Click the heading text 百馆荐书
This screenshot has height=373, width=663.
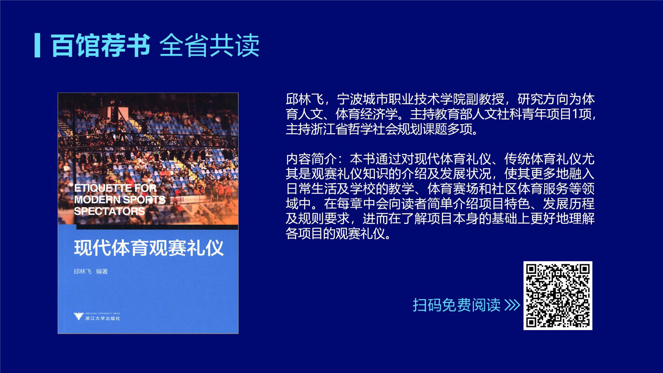click(100, 45)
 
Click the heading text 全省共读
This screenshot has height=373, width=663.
click(209, 45)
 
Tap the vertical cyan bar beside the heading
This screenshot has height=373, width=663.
click(37, 45)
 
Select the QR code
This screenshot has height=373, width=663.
click(558, 296)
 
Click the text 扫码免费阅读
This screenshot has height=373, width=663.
click(457, 305)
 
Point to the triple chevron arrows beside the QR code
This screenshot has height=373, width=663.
click(512, 305)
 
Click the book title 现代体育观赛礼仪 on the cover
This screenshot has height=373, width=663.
click(149, 248)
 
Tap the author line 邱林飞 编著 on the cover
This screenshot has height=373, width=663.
click(91, 271)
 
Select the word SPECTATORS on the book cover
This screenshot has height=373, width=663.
click(109, 211)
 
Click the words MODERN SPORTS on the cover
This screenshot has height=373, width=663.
click(120, 200)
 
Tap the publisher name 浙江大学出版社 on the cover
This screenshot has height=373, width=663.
click(103, 319)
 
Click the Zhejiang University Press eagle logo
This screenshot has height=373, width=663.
click(78, 316)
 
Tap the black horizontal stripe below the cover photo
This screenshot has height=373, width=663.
click(157, 227)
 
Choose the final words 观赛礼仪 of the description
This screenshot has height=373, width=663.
click(360, 234)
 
